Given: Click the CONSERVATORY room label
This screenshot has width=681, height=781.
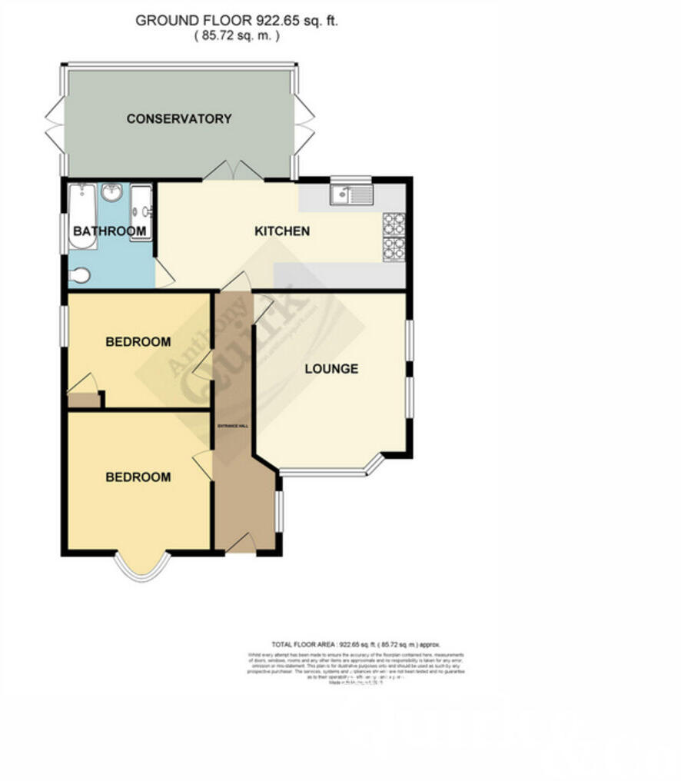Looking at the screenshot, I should [178, 119].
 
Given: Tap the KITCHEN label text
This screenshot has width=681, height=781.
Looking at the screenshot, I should [282, 231].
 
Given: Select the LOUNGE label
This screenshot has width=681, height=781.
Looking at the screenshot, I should [331, 369].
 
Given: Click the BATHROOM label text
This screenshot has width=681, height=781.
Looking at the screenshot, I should [109, 231].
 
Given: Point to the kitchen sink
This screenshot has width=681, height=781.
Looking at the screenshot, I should [351, 194].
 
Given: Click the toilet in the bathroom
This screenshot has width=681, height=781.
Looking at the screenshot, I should [79, 275].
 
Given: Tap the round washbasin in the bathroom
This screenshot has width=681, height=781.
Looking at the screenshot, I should [113, 192].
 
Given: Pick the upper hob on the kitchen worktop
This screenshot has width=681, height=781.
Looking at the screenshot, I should [394, 223].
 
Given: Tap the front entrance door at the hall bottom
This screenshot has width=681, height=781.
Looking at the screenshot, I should [241, 543].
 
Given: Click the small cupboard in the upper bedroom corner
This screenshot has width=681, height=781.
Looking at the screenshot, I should [83, 400].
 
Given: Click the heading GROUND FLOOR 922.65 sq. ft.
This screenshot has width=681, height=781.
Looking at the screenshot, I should [236, 21].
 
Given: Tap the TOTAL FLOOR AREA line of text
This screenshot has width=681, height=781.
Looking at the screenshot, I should [354, 644].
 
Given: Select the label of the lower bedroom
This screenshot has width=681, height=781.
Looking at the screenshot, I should [138, 477].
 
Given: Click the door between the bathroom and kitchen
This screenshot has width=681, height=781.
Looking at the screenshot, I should [164, 274].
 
